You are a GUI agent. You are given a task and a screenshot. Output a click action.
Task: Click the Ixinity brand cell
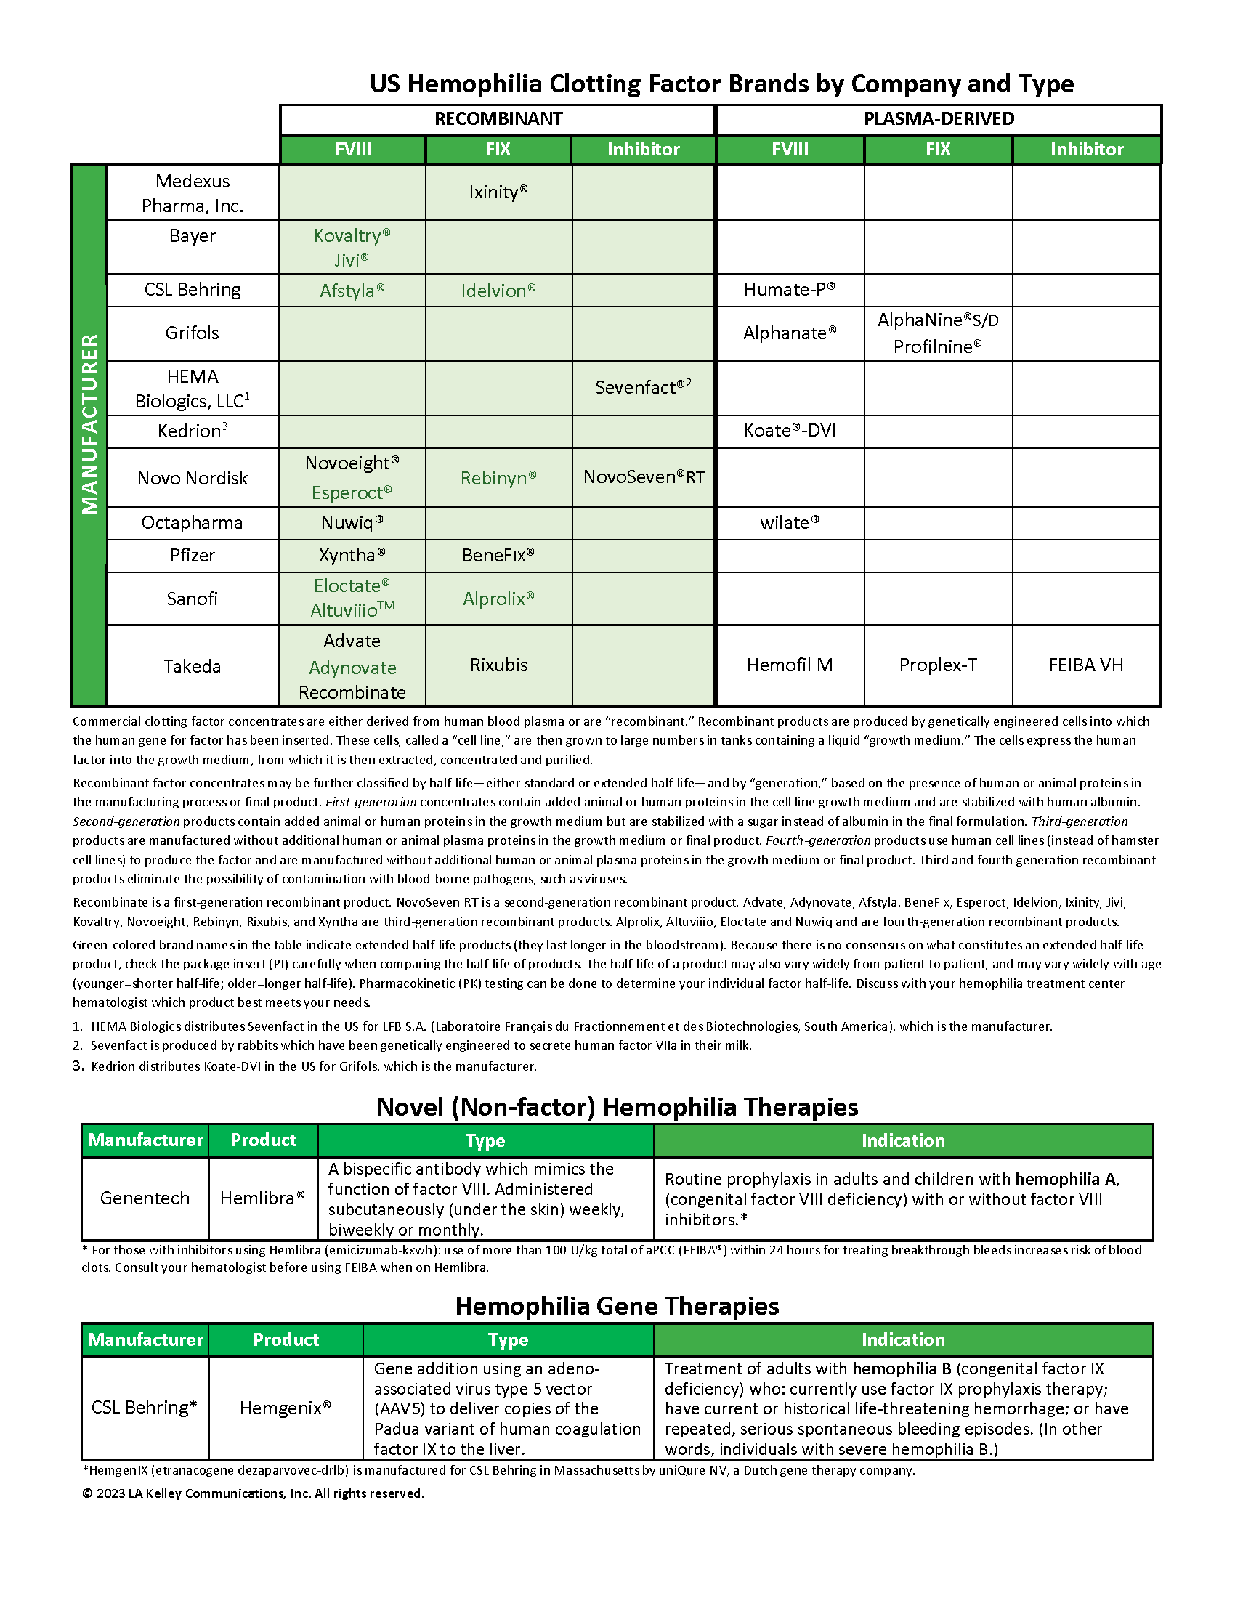[498, 192]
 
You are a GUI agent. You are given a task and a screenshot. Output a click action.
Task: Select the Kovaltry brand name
[352, 235]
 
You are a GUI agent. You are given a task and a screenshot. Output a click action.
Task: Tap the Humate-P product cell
[790, 290]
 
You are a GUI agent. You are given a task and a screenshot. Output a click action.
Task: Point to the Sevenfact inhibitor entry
[643, 387]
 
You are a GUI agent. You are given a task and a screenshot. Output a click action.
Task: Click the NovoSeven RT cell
[643, 477]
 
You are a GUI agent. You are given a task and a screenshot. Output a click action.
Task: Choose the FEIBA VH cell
[1086, 665]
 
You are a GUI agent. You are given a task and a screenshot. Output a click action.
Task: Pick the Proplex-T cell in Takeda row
[938, 665]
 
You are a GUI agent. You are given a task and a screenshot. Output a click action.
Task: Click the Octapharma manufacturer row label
[193, 523]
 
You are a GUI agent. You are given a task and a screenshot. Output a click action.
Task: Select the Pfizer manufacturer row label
[193, 556]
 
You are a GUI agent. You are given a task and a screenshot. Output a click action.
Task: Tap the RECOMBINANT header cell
[498, 119]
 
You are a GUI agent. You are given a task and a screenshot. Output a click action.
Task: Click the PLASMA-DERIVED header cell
[939, 119]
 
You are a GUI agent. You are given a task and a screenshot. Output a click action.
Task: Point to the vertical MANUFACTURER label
[89, 424]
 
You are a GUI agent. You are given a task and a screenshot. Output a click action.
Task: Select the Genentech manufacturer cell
[145, 1198]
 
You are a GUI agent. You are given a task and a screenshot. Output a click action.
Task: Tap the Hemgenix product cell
[286, 1408]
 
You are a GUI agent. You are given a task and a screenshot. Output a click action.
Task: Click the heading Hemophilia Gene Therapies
[617, 1306]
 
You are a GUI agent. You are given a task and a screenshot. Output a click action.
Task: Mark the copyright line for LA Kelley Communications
[253, 1493]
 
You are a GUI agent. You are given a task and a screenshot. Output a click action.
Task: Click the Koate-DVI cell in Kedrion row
[790, 431]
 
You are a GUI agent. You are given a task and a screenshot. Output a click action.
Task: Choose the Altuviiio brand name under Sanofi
[352, 610]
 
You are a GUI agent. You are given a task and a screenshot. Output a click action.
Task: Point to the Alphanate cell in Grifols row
[790, 333]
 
